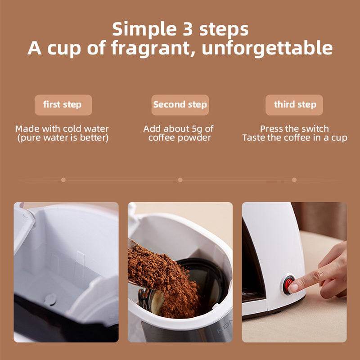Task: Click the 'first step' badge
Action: (x=63, y=105)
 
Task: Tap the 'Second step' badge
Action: (x=180, y=105)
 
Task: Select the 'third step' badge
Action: (x=295, y=105)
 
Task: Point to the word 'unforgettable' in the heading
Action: (x=267, y=48)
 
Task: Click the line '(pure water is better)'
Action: (x=63, y=138)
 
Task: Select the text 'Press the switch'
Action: (x=294, y=129)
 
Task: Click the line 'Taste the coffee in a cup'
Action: (x=294, y=138)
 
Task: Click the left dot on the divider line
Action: (x=63, y=180)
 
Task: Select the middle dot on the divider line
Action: (x=180, y=180)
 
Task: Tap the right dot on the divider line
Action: (x=294, y=180)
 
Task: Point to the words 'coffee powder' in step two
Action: (x=180, y=138)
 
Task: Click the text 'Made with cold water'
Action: (x=62, y=129)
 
